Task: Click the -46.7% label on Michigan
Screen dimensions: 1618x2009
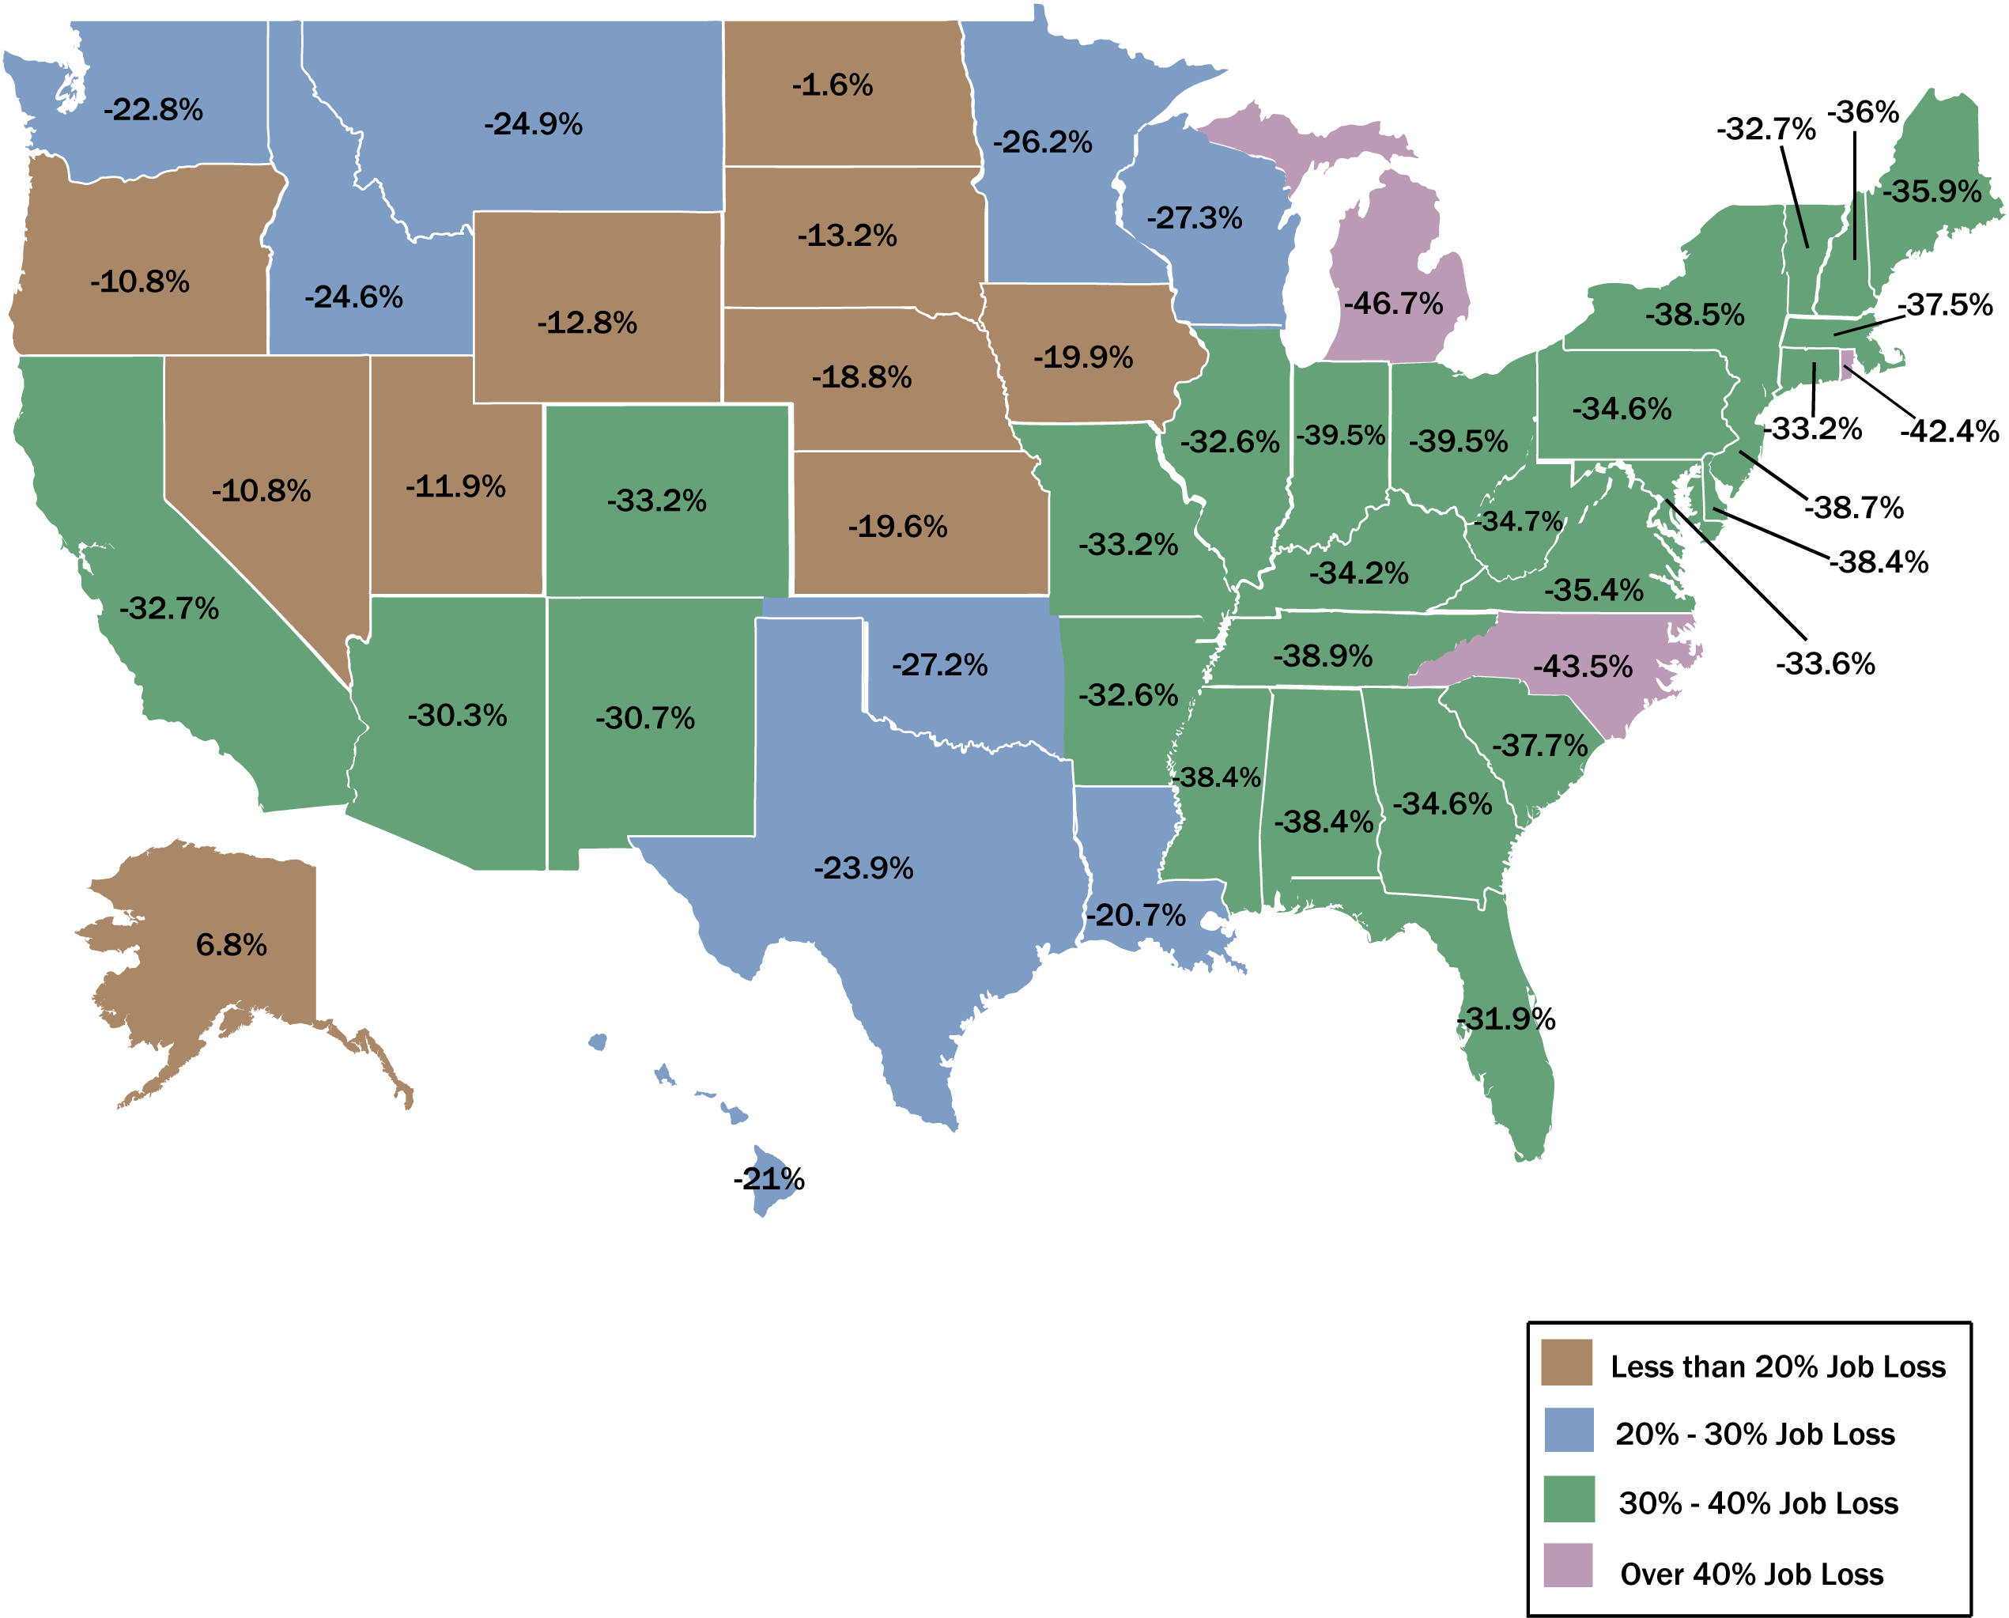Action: pos(1393,304)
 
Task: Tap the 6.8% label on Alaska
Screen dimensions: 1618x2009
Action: pos(231,945)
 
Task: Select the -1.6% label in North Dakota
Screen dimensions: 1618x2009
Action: pos(832,85)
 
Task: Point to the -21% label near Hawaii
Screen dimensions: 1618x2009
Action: pos(768,1180)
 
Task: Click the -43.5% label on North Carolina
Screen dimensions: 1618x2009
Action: pos(1582,667)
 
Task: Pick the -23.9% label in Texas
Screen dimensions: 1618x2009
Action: pos(863,868)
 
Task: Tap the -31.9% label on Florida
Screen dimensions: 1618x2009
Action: pos(1506,1019)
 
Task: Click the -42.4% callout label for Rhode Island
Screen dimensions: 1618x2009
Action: pos(1950,432)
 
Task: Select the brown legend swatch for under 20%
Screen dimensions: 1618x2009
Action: pos(1566,1363)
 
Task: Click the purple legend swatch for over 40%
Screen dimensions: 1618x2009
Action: pos(1569,1566)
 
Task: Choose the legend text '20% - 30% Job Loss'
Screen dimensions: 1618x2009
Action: pos(1754,1435)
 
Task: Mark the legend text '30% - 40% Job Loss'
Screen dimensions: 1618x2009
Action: pos(1758,1503)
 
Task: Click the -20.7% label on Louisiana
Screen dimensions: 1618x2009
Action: pos(1135,915)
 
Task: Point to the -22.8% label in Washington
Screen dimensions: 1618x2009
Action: pos(153,110)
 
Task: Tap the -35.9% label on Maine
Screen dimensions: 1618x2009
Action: pos(1932,192)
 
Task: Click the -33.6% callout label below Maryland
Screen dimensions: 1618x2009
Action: pos(1825,664)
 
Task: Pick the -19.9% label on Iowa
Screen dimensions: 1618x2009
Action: pos(1083,357)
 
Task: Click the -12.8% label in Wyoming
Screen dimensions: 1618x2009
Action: pos(587,323)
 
